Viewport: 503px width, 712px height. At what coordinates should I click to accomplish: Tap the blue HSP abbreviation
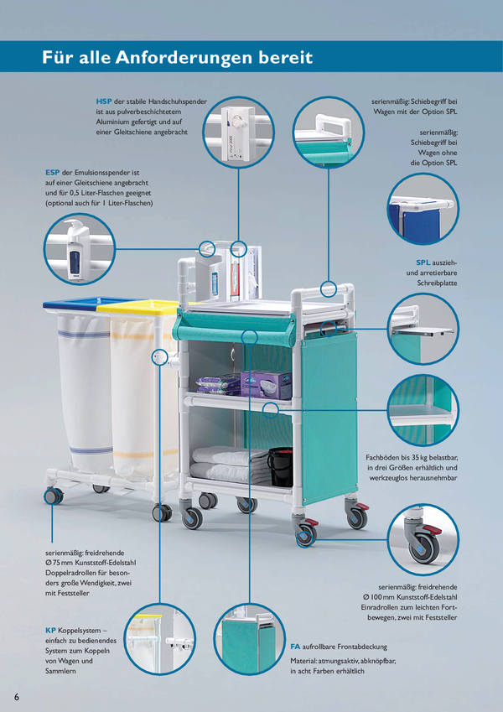(x=103, y=101)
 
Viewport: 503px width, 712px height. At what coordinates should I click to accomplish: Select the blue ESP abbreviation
(x=52, y=173)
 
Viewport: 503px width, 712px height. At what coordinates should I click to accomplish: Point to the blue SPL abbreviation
(x=423, y=262)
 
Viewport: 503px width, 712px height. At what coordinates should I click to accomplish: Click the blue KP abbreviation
(x=50, y=631)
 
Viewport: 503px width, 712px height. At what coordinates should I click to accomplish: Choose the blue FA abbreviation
(x=295, y=647)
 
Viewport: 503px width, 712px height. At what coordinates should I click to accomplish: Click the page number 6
(x=17, y=697)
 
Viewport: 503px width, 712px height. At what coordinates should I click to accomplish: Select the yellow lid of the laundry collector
(x=138, y=308)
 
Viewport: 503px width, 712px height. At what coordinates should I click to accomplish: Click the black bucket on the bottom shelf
(x=280, y=466)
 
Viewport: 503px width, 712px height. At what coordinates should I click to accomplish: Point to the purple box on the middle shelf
(x=266, y=385)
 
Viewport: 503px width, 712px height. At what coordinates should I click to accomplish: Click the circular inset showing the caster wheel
(x=423, y=540)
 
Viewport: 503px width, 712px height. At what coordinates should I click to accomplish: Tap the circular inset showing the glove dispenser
(x=238, y=133)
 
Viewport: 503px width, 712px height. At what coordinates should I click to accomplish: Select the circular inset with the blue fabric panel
(x=423, y=209)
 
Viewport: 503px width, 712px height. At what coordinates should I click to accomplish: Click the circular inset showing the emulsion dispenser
(x=80, y=249)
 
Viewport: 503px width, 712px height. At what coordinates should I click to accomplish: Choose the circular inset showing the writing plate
(x=423, y=329)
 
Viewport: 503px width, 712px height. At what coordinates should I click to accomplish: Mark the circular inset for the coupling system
(x=160, y=639)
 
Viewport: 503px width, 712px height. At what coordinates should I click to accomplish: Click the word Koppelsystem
(x=80, y=631)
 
